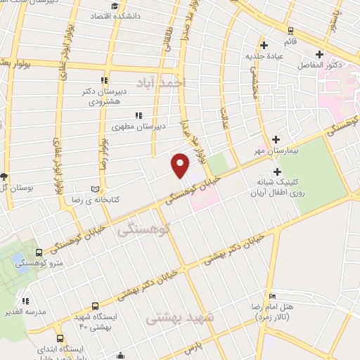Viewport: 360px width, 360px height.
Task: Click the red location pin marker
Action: (x=181, y=165)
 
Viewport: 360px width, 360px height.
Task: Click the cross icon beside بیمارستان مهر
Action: (x=275, y=139)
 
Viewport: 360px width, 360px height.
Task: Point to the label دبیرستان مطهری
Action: (x=139, y=126)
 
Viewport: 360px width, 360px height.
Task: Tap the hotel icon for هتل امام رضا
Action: (x=274, y=296)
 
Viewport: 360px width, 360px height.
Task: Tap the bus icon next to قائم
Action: (x=290, y=30)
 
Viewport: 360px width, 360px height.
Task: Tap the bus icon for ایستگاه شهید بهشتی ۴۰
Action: (x=75, y=319)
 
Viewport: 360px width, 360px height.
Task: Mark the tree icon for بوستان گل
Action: (x=4, y=176)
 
